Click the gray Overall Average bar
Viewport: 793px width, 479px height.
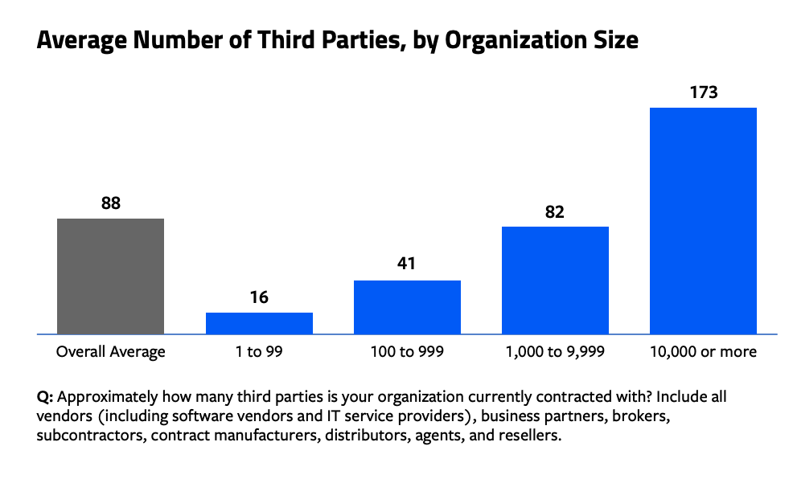[x=111, y=276]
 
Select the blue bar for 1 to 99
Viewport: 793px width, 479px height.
[x=259, y=323]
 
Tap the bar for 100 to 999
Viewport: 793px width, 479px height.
[x=407, y=307]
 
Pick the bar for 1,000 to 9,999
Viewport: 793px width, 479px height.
[x=555, y=280]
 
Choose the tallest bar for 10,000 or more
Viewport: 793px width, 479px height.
[x=703, y=220]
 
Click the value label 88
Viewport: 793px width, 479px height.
[x=111, y=203]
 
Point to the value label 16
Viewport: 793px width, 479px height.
[x=259, y=297]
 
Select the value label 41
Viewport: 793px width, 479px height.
[x=407, y=265]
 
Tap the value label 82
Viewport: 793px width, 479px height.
[x=555, y=212]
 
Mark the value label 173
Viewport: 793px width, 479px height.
[x=703, y=92]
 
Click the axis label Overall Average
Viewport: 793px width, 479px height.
[x=111, y=352]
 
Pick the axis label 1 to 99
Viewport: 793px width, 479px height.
[x=259, y=352]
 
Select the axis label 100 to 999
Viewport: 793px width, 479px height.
[x=407, y=352]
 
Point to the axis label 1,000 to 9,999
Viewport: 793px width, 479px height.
[x=555, y=352]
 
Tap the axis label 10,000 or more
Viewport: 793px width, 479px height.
[x=703, y=352]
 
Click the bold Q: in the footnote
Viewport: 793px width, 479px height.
[x=45, y=398]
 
